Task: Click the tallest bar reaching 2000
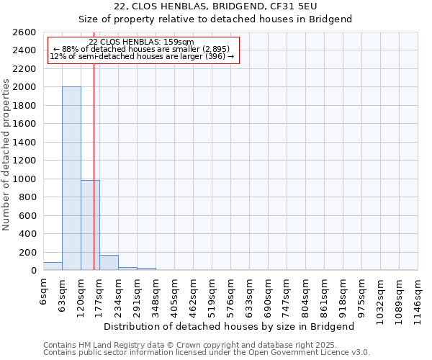(71, 179)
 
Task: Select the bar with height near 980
(90, 225)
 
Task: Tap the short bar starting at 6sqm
(53, 266)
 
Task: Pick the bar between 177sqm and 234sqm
(109, 263)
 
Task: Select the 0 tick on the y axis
(33, 271)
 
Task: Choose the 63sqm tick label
(63, 291)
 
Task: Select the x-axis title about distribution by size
(234, 326)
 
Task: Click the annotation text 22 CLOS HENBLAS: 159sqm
(141, 42)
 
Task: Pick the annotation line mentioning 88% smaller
(141, 49)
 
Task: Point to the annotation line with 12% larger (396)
(141, 56)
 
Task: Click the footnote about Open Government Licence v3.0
(207, 352)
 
